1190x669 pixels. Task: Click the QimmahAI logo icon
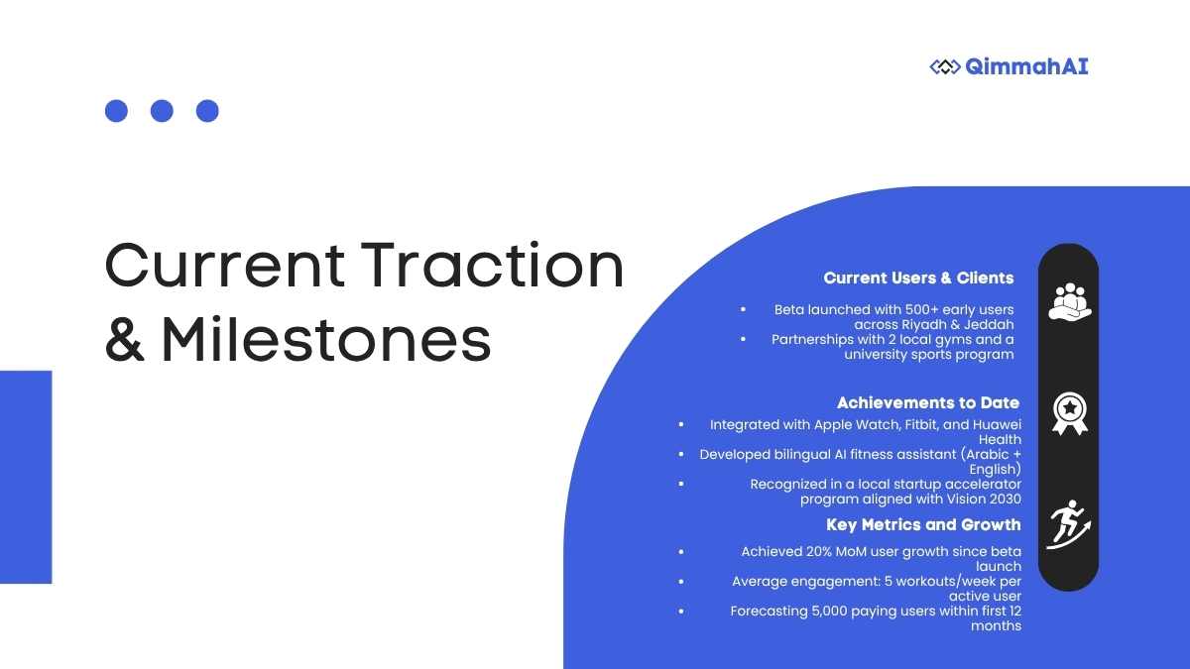pos(945,67)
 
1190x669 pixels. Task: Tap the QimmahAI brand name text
pos(1026,67)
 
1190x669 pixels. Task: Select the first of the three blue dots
pos(116,111)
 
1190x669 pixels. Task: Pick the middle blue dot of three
pos(162,111)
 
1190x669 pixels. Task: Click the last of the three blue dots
pos(207,111)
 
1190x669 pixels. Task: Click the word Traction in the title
pos(492,265)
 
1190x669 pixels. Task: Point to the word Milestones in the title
pos(326,339)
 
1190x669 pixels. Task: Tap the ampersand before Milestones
pos(124,339)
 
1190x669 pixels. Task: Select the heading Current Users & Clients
pos(918,278)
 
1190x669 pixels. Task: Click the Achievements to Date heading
pos(928,402)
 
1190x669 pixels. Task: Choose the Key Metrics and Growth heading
pos(923,524)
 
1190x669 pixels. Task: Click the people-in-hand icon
pos(1069,301)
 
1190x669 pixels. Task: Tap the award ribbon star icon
pos(1069,413)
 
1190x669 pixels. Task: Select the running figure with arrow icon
pos(1068,524)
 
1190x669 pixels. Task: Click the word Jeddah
pos(989,324)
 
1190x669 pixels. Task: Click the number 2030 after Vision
pos(1006,500)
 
